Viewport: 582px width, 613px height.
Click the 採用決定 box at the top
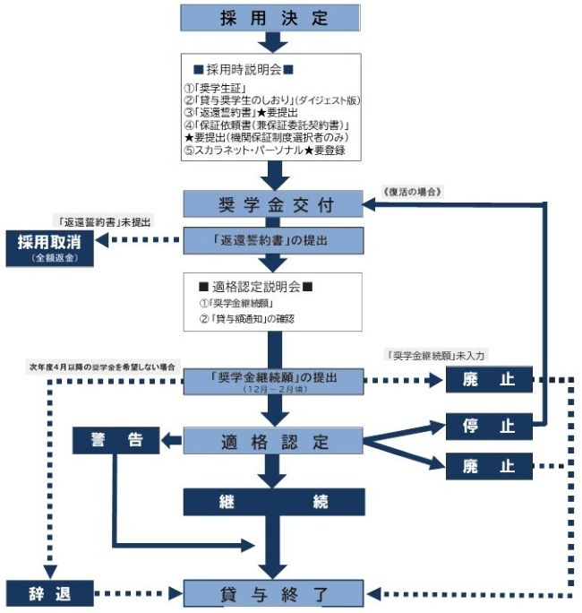(272, 18)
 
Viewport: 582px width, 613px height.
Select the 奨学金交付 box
(274, 204)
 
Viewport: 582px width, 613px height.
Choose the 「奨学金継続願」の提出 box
(274, 380)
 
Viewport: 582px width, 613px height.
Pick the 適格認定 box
(274, 441)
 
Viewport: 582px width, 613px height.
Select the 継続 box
(274, 503)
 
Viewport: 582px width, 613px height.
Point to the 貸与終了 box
(274, 593)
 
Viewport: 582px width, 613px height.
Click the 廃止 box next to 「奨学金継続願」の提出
(489, 380)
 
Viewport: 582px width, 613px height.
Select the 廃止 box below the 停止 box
(489, 465)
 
